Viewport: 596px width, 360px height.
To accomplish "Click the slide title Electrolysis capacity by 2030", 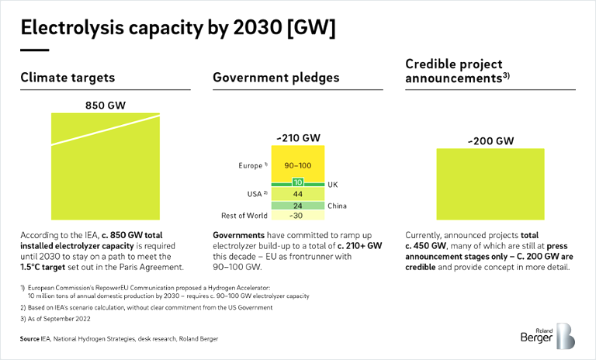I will tap(178, 29).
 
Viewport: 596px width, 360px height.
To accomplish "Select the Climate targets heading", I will tap(68, 78).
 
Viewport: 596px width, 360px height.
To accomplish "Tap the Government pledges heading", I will tap(275, 78).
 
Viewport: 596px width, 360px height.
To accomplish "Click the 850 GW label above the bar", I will tap(106, 106).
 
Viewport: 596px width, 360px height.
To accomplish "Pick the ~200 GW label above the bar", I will tap(490, 141).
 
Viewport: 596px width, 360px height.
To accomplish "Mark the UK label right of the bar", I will tap(333, 184).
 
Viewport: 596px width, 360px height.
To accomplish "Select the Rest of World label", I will tap(244, 216).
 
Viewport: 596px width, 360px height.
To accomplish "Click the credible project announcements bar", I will tap(490, 185).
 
